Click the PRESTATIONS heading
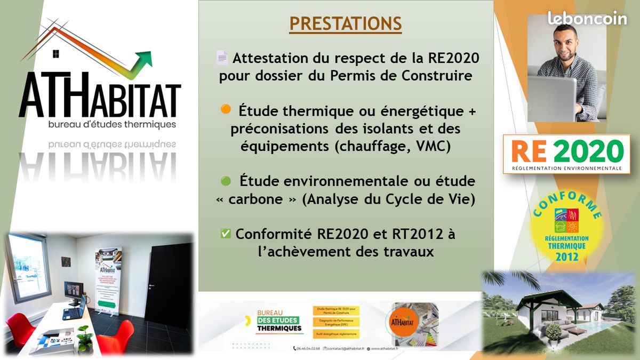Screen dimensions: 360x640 346,24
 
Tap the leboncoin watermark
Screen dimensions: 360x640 587,18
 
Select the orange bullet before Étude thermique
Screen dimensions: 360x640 226,109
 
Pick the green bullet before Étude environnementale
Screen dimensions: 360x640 226,181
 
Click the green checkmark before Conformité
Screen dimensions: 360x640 226,234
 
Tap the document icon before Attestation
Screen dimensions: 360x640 222,58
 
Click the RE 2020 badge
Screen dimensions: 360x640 567,154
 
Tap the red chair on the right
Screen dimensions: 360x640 117,336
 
